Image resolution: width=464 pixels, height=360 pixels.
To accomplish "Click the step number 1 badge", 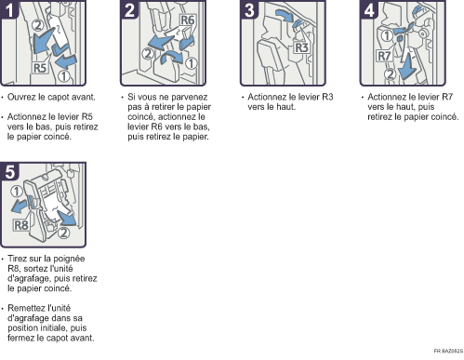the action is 9,9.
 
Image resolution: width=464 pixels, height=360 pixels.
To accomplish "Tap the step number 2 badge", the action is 129,9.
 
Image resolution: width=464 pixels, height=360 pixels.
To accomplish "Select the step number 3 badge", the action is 249,9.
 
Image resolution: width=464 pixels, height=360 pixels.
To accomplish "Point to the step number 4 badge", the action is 369,9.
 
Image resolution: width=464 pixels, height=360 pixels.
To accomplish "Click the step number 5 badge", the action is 9,171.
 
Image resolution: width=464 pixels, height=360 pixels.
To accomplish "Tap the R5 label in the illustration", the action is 40,68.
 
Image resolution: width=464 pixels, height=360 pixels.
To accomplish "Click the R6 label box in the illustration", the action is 187,20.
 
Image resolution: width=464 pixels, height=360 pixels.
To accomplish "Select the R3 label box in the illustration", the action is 301,47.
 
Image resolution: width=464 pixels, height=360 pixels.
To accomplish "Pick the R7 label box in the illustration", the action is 384,56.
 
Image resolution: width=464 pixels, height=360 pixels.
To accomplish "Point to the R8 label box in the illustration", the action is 21,225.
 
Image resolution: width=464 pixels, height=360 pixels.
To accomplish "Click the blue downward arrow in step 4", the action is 407,67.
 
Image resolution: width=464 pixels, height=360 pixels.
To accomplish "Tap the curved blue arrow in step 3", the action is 285,15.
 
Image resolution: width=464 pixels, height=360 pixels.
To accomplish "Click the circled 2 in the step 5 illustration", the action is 63,233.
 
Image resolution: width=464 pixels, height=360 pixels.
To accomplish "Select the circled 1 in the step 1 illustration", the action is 63,76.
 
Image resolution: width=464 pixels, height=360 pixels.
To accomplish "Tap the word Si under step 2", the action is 131,97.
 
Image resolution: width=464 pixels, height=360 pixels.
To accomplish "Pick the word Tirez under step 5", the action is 18,259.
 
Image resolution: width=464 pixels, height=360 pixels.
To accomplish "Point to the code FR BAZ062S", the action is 448,351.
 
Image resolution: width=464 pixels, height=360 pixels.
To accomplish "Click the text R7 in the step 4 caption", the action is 447,97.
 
